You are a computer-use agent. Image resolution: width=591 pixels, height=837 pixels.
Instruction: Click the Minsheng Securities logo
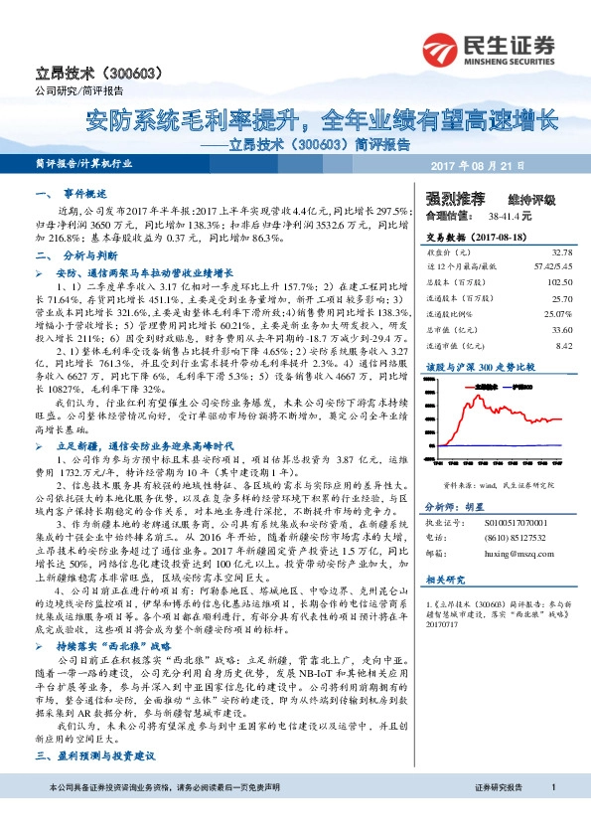pyautogui.click(x=496, y=49)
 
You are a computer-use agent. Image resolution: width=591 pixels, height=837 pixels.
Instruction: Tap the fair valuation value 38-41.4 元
pyautogui.click(x=511, y=215)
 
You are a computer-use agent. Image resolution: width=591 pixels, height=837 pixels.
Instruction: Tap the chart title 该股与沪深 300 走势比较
pyautogui.click(x=480, y=366)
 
